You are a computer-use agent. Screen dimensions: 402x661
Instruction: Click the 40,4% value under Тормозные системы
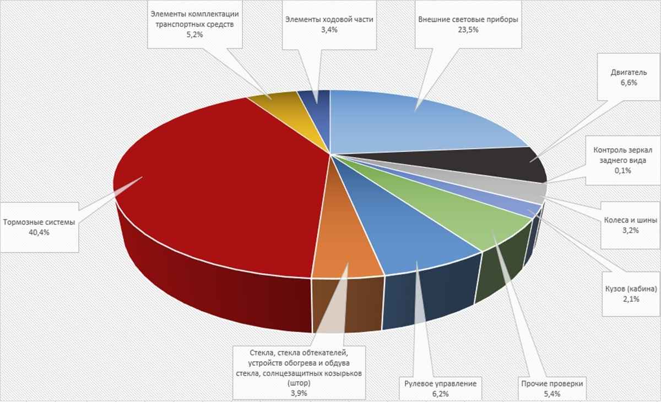[x=39, y=233]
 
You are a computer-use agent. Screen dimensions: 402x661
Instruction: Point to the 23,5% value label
[x=468, y=30]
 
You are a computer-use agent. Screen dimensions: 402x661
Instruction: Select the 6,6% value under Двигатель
[x=624, y=83]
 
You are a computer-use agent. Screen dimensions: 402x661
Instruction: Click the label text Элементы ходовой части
[x=329, y=19]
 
